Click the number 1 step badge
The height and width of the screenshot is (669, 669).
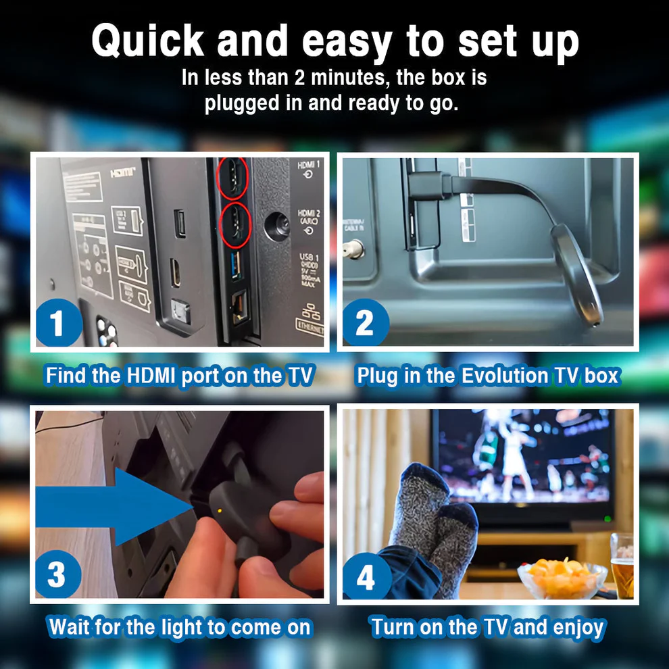point(57,323)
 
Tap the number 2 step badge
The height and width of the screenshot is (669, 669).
point(365,323)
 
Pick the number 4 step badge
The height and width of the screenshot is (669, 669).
point(366,578)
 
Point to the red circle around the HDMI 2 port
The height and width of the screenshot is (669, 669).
point(234,223)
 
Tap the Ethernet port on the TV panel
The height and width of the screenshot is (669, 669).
point(239,307)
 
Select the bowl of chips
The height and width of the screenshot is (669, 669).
point(562,578)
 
